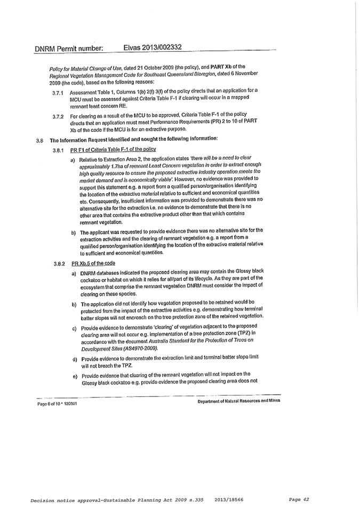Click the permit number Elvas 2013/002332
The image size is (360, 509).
coord(153,47)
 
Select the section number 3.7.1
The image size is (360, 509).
coord(58,91)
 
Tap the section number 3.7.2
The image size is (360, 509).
coord(58,116)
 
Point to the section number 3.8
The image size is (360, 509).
coord(40,140)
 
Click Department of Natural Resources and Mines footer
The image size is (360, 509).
coord(238,401)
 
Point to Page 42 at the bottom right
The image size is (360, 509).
coord(299,499)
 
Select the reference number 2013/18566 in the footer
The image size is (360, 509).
coord(230,499)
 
